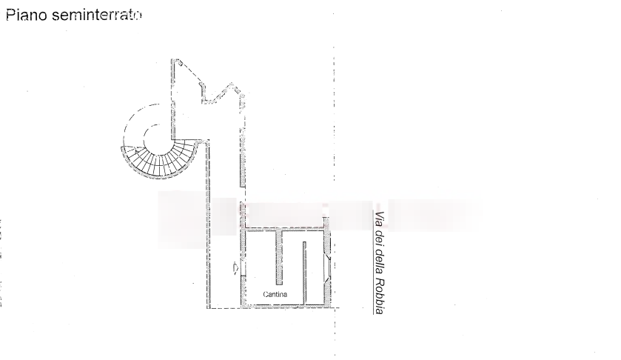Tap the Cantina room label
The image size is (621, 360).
[x=275, y=295]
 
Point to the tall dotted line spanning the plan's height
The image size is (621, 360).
[x=334, y=111]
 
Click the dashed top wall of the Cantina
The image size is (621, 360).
[x=286, y=227]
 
